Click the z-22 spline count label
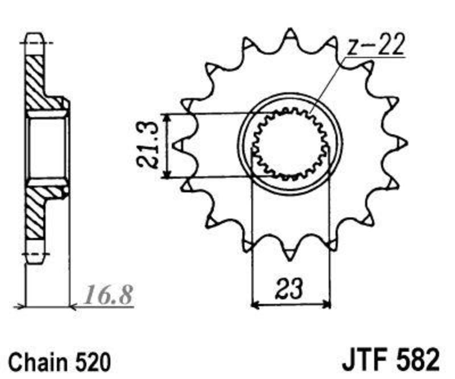coord(375,46)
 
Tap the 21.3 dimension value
coord(148,145)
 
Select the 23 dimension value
coord(289,289)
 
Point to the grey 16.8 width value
coord(108,295)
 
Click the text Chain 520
coord(60,362)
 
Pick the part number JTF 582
coord(390,360)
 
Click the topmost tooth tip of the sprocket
coord(289,29)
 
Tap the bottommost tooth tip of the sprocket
coord(289,260)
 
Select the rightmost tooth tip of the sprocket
coord(407,143)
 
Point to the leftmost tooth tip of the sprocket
coord(172,145)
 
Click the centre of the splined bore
coord(289,144)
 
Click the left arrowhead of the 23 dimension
coord(254,305)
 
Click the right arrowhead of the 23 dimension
coord(327,305)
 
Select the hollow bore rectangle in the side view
coord(47,148)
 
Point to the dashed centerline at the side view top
coord(36,43)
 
